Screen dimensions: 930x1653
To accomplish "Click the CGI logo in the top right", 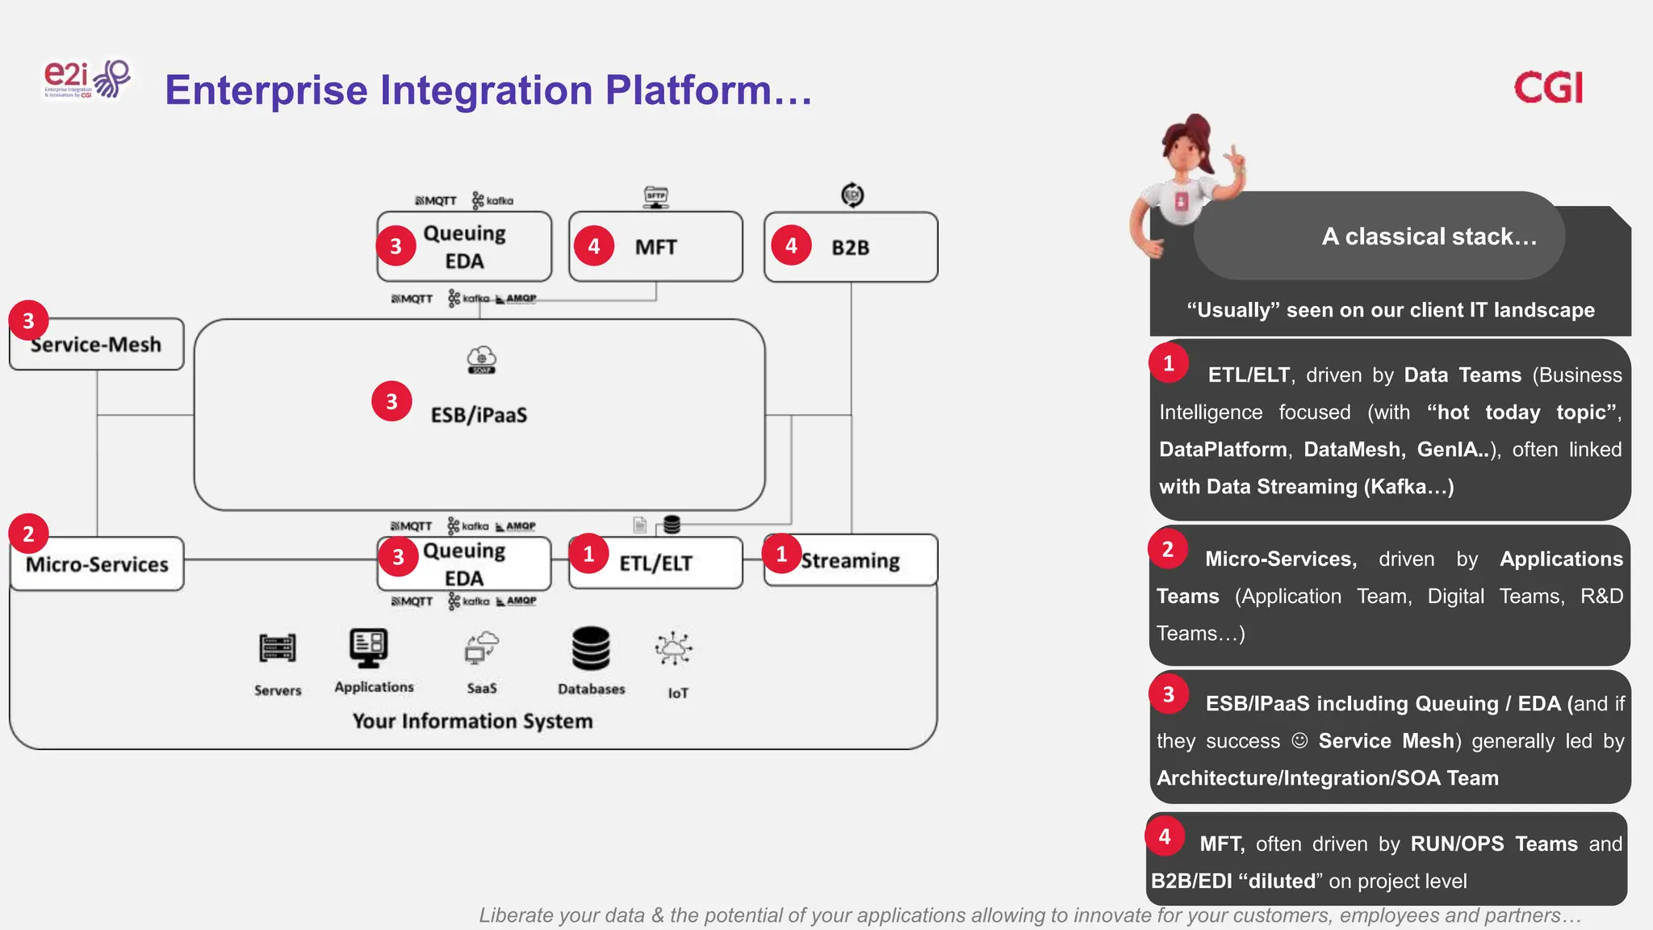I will (x=1547, y=87).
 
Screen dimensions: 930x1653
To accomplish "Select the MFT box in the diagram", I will (x=655, y=247).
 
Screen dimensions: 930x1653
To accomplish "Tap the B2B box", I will (x=851, y=248).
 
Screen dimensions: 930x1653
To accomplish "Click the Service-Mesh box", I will (x=97, y=345).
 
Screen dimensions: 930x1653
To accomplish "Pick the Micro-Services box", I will (x=97, y=564).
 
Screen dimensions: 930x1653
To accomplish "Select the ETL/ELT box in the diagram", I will (x=655, y=563).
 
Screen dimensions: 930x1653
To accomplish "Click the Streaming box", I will (x=851, y=561).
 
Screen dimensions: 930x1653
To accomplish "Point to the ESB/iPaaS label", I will (x=479, y=415).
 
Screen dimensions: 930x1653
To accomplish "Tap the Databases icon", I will (x=591, y=648).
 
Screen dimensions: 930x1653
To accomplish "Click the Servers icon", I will (x=278, y=647).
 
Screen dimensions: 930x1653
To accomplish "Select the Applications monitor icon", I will (x=369, y=647).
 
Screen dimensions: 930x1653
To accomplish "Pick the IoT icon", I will (x=674, y=649).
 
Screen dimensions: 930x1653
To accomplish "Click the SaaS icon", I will (x=482, y=647).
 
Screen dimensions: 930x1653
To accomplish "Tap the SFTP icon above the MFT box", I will (x=656, y=196).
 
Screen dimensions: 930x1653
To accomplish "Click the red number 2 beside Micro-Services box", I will (x=28, y=534).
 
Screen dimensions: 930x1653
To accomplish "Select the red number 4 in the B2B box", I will (x=791, y=245).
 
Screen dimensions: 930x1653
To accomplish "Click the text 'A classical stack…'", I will (x=1429, y=237).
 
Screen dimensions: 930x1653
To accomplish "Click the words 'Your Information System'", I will (x=472, y=721).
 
